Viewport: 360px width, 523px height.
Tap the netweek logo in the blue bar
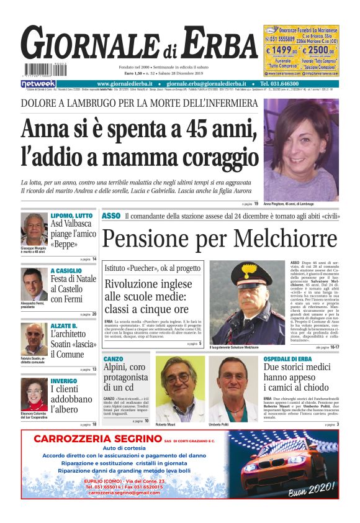38,84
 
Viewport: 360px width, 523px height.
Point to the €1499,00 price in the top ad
281,50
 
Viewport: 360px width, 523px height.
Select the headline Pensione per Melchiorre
220,238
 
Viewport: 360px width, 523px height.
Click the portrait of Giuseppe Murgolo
34,229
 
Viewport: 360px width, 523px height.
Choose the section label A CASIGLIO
66,271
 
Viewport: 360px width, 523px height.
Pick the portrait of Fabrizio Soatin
34,339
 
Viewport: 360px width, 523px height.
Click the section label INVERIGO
64,381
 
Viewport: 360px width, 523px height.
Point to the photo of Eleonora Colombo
34,394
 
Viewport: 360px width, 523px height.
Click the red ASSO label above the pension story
110,216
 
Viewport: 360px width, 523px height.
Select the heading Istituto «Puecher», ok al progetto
152,268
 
